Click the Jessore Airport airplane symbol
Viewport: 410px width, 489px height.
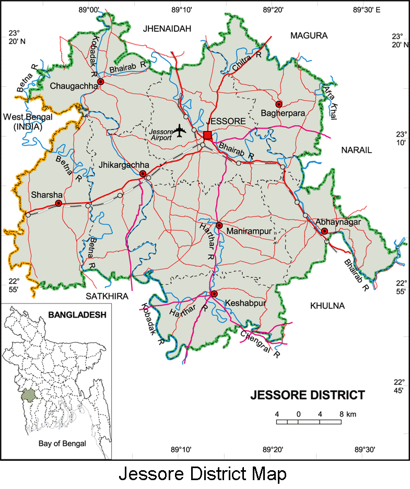[181, 130]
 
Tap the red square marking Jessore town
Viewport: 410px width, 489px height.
[207, 136]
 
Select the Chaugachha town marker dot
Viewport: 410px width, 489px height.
[101, 82]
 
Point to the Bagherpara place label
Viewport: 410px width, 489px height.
[283, 113]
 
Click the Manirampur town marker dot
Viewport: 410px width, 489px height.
[219, 225]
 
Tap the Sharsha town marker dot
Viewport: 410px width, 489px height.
[58, 203]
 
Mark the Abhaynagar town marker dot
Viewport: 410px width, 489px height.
[324, 231]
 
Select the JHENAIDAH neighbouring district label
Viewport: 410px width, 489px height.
[168, 28]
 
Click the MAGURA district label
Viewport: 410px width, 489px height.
[309, 36]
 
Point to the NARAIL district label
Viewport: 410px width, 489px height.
[356, 150]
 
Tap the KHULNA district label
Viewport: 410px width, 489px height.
[327, 306]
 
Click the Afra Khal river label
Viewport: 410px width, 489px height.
[331, 102]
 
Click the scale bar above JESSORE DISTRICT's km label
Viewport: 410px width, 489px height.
[309, 421]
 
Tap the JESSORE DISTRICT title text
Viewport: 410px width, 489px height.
[307, 394]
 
